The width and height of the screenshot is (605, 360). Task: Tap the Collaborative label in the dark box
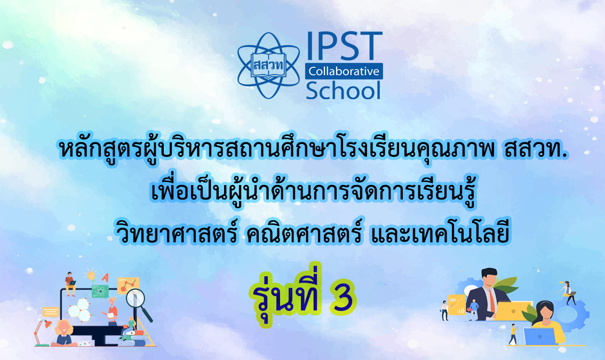click(x=344, y=71)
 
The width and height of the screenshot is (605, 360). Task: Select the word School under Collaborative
click(x=344, y=90)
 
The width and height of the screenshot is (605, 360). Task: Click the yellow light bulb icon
click(x=90, y=276)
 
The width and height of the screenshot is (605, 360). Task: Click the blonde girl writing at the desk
click(x=63, y=333)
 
